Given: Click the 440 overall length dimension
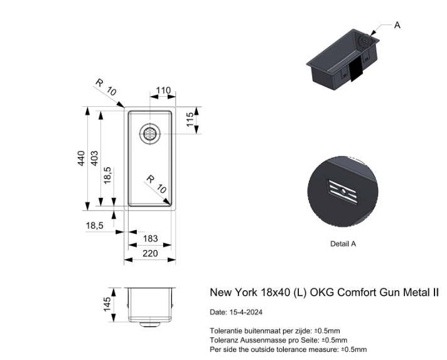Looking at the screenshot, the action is [81, 158].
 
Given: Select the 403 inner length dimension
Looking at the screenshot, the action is [94, 158].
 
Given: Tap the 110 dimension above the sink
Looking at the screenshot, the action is [163, 90].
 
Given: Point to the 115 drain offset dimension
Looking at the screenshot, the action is [190, 119].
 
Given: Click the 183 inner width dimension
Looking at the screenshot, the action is [150, 239].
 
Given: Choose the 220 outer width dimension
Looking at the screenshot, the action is [150, 253].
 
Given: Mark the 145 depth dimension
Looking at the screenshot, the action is [107, 304].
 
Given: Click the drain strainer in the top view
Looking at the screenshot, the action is [150, 134].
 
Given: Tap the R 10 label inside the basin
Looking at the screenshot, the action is [156, 184].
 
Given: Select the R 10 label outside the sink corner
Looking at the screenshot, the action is [106, 87].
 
